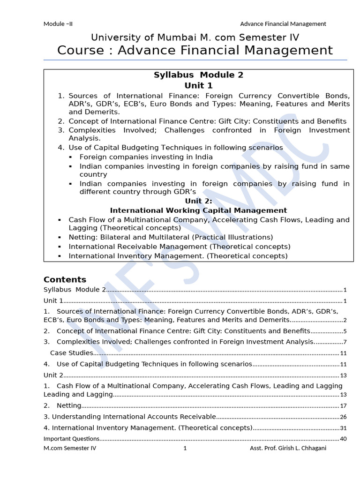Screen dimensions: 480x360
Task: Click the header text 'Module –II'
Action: pos(58,24)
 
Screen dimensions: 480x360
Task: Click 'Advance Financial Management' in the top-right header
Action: pos(283,24)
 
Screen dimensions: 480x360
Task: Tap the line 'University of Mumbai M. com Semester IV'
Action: pos(195,37)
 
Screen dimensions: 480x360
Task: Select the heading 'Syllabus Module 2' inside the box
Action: pos(199,75)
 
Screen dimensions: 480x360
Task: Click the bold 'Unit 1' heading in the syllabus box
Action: pos(198,85)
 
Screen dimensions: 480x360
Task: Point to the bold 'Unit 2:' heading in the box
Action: pos(198,201)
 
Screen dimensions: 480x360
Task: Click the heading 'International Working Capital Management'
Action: pos(198,210)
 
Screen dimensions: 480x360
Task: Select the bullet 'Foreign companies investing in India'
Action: pos(146,157)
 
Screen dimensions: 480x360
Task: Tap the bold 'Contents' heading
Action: pos(65,280)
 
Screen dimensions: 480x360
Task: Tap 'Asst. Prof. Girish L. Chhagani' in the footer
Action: pos(288,449)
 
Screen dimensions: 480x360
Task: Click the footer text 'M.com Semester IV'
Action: pos(70,449)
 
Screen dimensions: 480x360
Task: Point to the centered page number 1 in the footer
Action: pos(185,449)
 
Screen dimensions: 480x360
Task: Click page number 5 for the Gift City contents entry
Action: pos(345,331)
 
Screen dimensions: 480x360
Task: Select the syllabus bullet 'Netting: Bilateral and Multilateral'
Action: pos(171,237)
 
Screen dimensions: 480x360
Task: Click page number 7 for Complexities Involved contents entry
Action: pos(345,342)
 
